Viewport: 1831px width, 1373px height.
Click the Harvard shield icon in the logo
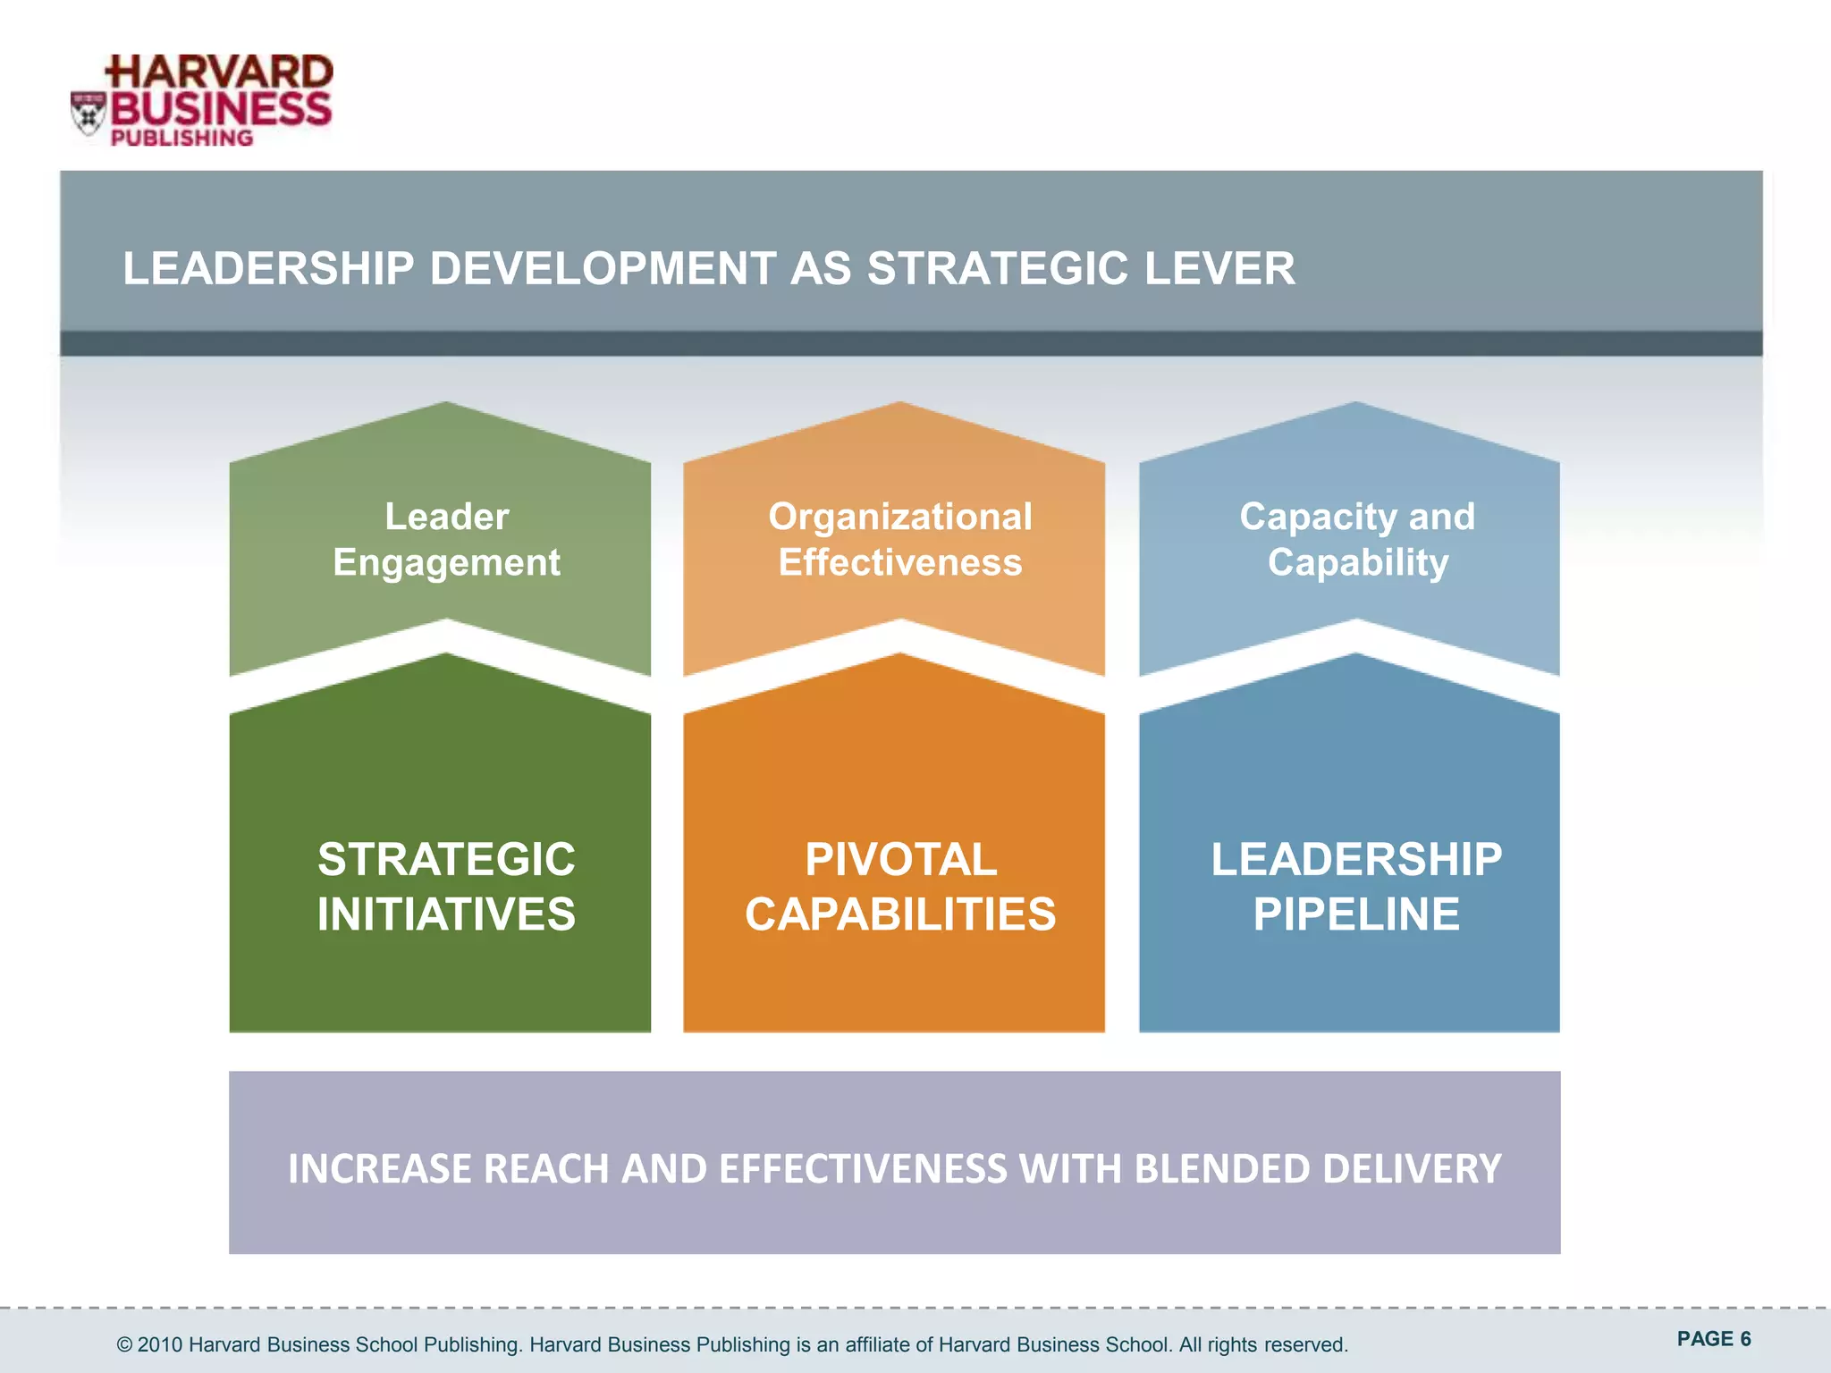point(89,114)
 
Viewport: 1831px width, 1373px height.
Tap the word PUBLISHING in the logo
point(181,138)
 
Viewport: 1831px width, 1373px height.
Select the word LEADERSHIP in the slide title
point(269,268)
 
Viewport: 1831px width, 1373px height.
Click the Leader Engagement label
point(447,539)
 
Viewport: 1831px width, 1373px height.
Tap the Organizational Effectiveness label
point(900,539)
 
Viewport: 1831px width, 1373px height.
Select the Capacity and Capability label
point(1357,539)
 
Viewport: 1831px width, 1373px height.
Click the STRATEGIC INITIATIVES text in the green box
point(446,886)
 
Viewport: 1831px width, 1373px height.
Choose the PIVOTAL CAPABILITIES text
point(900,886)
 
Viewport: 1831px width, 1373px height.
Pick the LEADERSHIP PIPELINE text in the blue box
point(1356,886)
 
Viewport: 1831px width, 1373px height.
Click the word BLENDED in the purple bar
point(1221,1168)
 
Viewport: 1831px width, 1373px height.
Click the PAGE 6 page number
point(1713,1338)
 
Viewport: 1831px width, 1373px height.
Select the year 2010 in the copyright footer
point(160,1344)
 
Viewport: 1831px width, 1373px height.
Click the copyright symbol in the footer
point(125,1344)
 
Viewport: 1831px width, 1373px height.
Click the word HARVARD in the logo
point(220,72)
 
